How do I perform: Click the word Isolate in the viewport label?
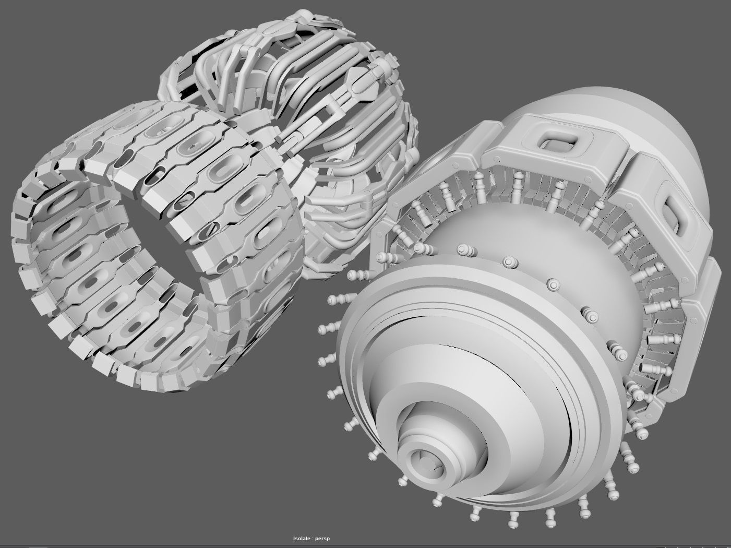(303, 539)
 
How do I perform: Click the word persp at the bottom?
(324, 539)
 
